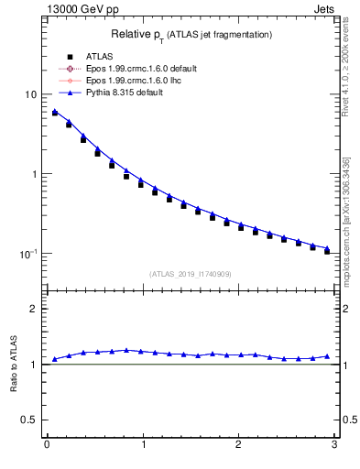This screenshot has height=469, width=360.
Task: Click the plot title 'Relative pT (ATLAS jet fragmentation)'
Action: click(x=191, y=34)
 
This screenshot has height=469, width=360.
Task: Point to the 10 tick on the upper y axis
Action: click(x=31, y=95)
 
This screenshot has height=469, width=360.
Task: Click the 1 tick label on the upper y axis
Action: click(x=34, y=174)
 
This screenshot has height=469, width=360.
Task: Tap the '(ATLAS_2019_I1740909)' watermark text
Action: click(x=191, y=274)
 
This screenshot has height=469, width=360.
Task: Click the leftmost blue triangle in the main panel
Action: click(x=55, y=112)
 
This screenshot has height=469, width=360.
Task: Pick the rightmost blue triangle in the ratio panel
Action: click(x=327, y=356)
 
